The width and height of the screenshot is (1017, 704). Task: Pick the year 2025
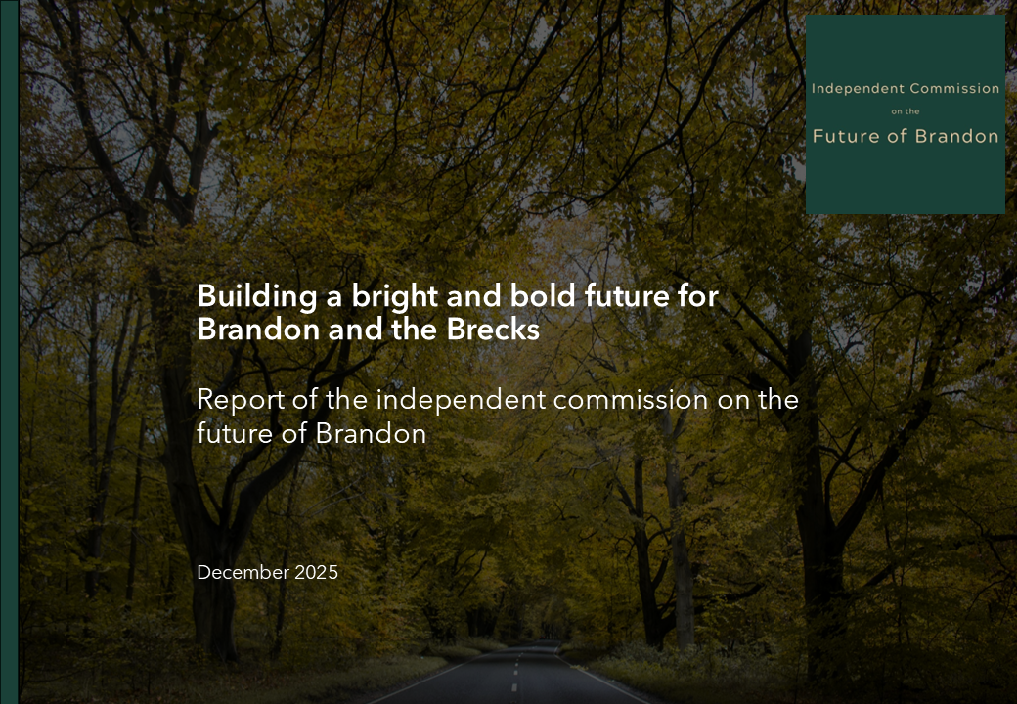316,572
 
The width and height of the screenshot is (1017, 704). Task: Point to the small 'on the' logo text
906,111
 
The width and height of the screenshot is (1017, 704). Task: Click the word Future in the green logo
845,136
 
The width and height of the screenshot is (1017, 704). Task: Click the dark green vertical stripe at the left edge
9,352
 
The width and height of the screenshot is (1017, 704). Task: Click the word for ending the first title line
698,296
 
